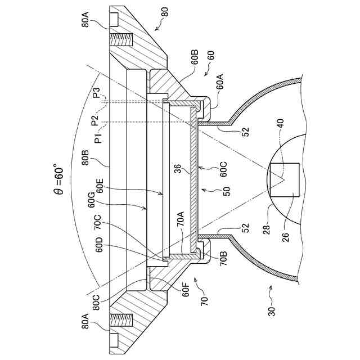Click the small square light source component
pos(284,180)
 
